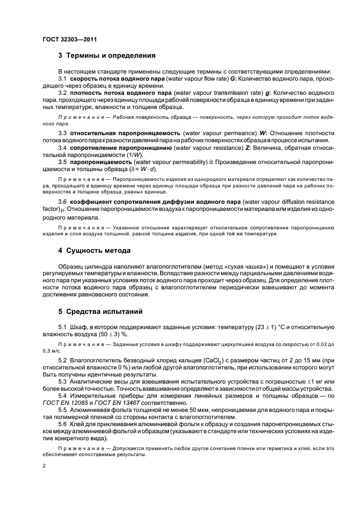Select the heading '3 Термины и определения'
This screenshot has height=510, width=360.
tap(107, 56)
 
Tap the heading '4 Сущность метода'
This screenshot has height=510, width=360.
tap(94, 251)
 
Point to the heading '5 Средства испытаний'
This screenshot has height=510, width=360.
tap(101, 312)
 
